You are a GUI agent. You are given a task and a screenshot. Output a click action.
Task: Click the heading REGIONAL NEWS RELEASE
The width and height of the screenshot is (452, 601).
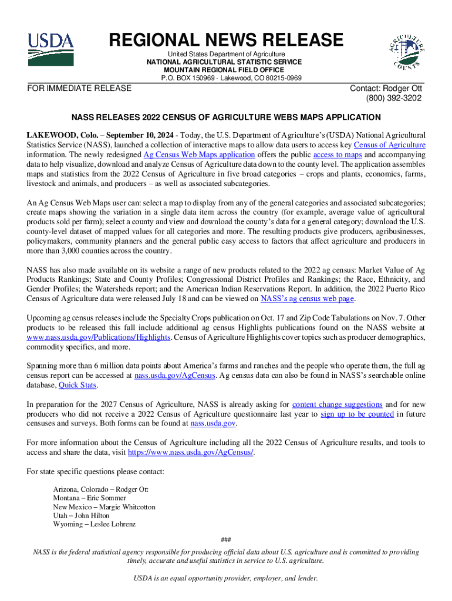225,40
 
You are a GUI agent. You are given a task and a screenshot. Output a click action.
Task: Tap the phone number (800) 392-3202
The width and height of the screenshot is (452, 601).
393,98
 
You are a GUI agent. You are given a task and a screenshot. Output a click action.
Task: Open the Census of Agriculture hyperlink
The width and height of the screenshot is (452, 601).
389,144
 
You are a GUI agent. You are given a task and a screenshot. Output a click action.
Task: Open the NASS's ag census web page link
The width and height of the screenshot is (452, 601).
307,299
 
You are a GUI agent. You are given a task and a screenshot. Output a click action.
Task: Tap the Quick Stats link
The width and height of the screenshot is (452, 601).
78,386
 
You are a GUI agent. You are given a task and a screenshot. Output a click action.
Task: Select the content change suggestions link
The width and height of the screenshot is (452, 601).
337,404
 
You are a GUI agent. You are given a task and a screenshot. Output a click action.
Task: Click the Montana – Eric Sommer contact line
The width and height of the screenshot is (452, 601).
89,498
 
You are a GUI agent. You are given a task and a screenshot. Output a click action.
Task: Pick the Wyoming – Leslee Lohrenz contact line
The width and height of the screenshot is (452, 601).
94,524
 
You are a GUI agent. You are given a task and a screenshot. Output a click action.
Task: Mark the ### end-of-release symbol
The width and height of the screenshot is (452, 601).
225,539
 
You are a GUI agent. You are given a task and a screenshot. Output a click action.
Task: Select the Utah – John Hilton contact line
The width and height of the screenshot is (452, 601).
81,515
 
